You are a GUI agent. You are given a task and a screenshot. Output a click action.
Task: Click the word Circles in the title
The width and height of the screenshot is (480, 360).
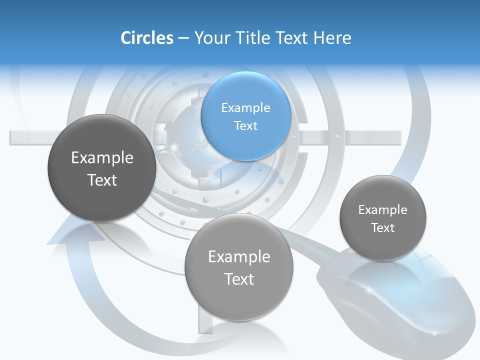[146, 38]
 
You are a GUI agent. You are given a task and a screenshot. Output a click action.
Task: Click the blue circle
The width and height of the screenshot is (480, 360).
[245, 116]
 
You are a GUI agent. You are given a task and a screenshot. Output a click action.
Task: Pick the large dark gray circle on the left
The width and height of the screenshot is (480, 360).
[102, 168]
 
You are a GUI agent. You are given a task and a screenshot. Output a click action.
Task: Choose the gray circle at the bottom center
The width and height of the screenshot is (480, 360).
[239, 266]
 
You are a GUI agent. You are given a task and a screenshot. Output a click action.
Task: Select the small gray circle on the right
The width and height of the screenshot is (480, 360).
[383, 218]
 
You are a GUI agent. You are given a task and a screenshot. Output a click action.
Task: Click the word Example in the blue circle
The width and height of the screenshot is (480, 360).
[245, 107]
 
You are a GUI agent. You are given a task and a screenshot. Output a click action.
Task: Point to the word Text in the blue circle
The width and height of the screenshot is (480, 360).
[245, 125]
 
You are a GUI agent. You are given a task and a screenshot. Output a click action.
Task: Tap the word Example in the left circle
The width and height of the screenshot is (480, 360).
[102, 158]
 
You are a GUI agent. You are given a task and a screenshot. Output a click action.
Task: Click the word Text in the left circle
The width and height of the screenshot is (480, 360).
[102, 180]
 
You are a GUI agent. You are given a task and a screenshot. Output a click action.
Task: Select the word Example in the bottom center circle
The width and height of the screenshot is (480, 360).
[239, 257]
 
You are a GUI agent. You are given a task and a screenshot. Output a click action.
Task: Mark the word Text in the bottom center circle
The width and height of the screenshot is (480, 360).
[239, 279]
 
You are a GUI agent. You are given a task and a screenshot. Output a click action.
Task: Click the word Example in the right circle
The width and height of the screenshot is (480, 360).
[383, 210]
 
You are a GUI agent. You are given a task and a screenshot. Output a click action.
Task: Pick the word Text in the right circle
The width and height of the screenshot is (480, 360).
[383, 228]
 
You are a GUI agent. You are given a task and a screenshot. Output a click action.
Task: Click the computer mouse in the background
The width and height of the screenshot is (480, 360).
[400, 300]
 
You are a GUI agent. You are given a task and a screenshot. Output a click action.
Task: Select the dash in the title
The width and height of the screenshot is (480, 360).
[183, 38]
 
